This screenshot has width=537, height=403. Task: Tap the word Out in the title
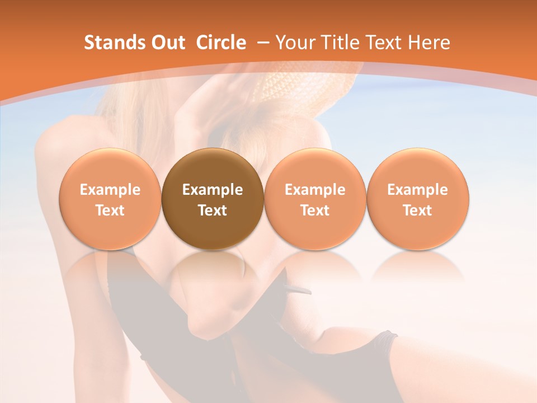coord(168,43)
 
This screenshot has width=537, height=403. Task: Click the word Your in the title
coord(294,43)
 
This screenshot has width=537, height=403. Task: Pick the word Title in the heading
coord(338,43)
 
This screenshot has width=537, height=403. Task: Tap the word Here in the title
coord(430,43)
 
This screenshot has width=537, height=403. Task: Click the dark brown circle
coord(213,199)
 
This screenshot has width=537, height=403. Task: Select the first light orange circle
coord(110,199)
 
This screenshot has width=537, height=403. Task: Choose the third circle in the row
coord(315,199)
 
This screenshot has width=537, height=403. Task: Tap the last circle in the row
coord(417,199)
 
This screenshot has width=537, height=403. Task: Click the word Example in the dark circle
coord(213,190)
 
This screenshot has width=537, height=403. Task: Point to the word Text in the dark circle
coord(213,210)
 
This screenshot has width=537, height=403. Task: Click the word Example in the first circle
coord(110,190)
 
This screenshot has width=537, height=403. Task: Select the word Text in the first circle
coord(110,210)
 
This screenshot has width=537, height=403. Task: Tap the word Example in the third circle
coord(315,190)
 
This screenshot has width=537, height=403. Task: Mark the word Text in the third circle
coord(315,210)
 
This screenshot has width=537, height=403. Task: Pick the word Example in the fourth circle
coord(417,190)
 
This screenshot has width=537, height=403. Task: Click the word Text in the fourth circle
coord(417,210)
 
